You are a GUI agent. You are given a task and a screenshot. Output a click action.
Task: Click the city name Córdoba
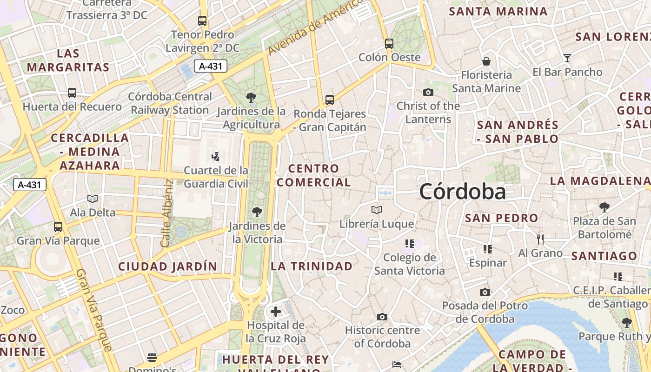[462, 192]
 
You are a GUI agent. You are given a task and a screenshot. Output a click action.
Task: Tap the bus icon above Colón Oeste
[389, 44]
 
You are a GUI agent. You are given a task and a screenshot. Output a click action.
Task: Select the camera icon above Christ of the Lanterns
[428, 93]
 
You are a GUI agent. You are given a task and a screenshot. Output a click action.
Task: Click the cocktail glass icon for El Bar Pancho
[567, 58]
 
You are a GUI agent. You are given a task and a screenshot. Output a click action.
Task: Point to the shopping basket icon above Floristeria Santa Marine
[486, 61]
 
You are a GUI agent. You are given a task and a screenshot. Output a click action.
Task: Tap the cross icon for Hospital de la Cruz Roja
[276, 311]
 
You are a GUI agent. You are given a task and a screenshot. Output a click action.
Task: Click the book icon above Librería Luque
[377, 210]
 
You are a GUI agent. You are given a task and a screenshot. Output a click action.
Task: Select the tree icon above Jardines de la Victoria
[257, 213]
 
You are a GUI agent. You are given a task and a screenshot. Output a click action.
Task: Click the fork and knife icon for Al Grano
[540, 239]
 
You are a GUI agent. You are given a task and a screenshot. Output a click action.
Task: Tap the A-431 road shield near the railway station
[210, 66]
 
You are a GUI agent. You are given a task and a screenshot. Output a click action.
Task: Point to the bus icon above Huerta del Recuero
[72, 93]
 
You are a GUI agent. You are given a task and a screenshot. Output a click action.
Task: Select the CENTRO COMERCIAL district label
[314, 175]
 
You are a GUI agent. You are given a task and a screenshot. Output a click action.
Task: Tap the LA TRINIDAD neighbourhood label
[312, 266]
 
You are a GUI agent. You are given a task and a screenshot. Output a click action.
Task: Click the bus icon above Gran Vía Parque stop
[58, 227]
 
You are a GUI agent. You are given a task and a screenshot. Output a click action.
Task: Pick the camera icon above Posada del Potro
[485, 292]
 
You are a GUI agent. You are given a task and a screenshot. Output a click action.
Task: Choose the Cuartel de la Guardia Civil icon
[215, 156]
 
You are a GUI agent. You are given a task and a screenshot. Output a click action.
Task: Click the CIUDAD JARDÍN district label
[167, 266]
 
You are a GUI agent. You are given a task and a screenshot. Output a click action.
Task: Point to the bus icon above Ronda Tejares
[330, 100]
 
